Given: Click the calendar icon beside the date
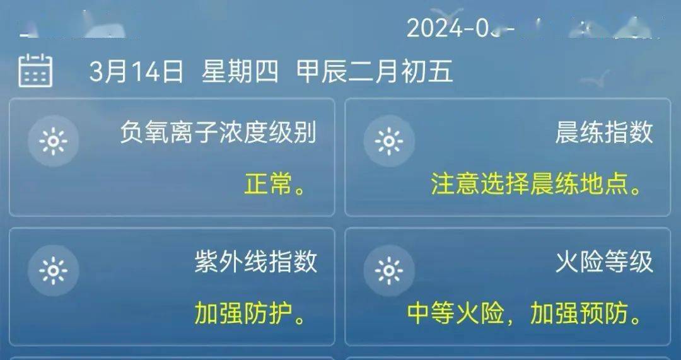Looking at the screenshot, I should (x=35, y=71).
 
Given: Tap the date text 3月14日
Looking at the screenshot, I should (x=136, y=73).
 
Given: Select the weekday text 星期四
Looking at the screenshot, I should (x=240, y=73).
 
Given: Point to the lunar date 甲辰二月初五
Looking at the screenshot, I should (x=375, y=73).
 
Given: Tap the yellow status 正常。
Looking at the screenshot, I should (x=275, y=185).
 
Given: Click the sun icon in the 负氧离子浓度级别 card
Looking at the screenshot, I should (x=53, y=141).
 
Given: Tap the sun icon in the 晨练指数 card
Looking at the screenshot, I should (x=389, y=141).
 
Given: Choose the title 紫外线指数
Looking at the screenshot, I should (x=255, y=262).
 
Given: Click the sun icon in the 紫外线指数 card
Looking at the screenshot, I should (x=53, y=271).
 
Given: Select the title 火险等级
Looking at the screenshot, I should (x=603, y=262).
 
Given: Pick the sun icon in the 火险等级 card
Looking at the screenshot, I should (x=389, y=271).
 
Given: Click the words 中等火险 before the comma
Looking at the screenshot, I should (x=455, y=314).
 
